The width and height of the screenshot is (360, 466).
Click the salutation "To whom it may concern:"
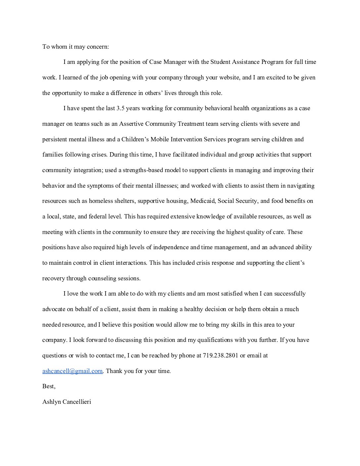pos(75,47)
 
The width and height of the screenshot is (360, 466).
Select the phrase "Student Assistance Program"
pos(247,62)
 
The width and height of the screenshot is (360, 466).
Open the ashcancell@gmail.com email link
pos(72,371)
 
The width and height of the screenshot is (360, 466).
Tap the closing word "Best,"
pos(49,386)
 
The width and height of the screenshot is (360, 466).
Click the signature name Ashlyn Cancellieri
pos(67,402)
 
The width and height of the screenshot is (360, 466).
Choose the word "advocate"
pos(53,309)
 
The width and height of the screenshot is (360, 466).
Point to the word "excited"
pos(274,77)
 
